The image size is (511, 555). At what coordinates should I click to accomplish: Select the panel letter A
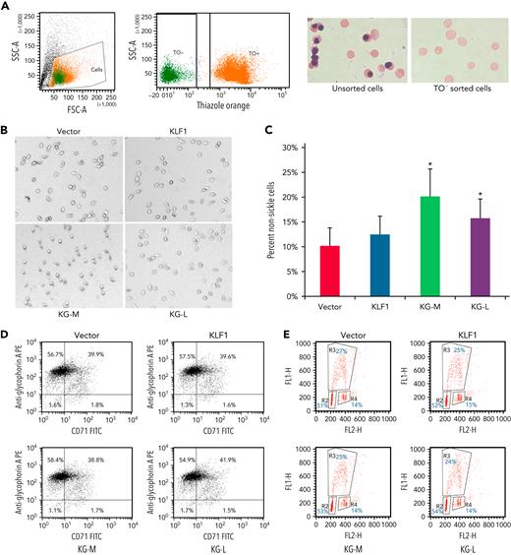point(5,6)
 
